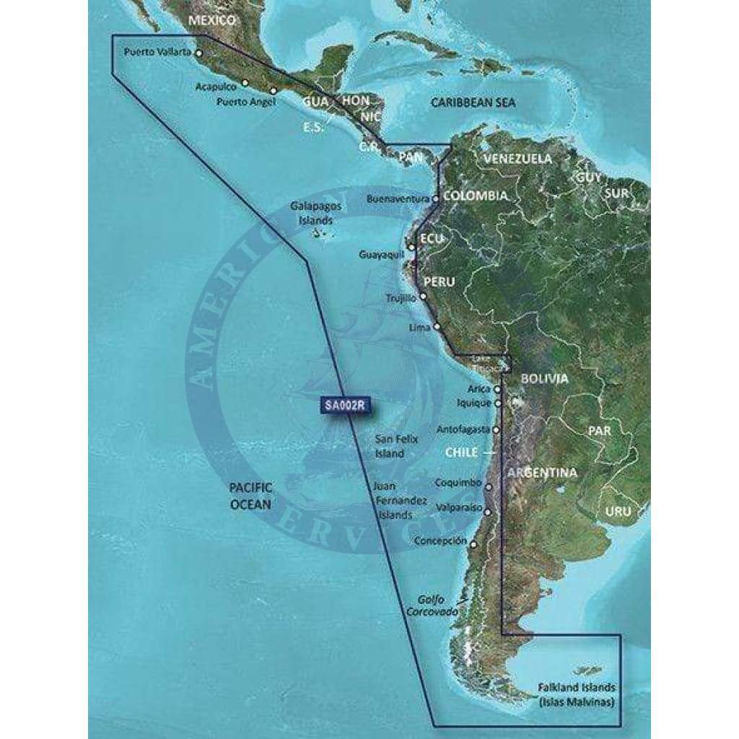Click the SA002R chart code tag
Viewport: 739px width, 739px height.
point(344,406)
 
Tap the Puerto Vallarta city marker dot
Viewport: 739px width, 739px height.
point(199,53)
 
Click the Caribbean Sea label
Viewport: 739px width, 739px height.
point(473,102)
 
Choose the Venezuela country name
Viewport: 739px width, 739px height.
point(517,158)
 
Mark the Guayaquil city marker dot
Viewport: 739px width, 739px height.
point(411,248)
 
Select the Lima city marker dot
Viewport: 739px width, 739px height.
point(437,327)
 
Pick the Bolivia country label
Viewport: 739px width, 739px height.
point(544,378)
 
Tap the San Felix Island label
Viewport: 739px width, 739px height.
point(390,446)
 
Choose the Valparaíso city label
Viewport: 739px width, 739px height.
point(455,508)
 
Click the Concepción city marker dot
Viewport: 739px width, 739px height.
point(473,544)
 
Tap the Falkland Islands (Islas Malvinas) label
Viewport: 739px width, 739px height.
point(579,694)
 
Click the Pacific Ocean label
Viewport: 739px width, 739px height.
point(250,497)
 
